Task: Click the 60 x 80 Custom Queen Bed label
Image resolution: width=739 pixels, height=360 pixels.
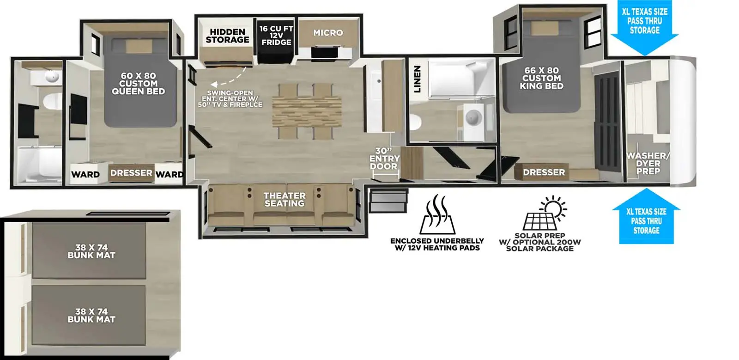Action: [138, 84]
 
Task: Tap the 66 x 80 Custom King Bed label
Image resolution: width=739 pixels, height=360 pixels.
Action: [541, 78]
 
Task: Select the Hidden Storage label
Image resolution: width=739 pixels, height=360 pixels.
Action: [227, 36]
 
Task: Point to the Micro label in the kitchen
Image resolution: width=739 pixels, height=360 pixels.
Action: [328, 33]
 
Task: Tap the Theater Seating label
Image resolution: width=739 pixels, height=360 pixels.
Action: [284, 199]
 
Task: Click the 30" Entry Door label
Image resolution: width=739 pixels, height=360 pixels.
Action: [384, 159]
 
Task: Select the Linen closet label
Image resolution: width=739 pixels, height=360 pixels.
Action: [417, 79]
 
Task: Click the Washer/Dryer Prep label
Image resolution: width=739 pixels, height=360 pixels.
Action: [648, 163]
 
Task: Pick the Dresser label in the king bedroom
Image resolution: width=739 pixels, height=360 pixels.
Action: [544, 172]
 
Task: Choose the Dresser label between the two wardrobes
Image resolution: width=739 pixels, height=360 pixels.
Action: [131, 173]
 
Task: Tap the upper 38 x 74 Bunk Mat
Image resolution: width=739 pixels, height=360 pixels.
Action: [91, 251]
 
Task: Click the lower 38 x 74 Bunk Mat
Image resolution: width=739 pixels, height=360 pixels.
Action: [91, 315]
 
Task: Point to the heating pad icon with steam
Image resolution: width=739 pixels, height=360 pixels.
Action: [437, 215]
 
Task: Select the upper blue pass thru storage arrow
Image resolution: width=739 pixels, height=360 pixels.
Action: [645, 28]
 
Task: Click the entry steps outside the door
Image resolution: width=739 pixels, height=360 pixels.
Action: [389, 200]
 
